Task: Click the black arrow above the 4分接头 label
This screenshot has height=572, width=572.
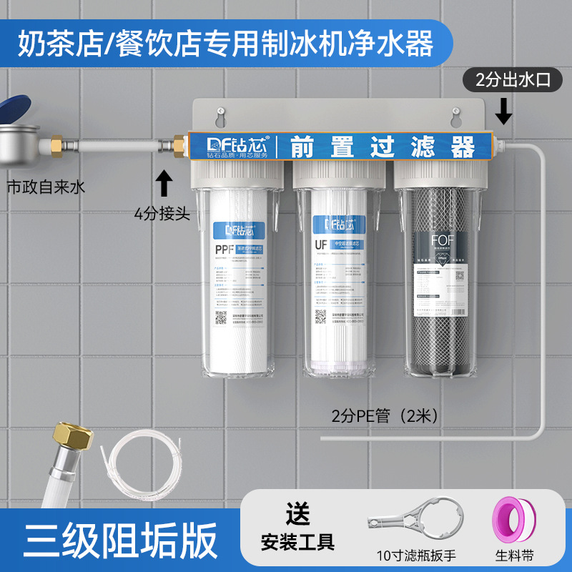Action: (x=164, y=182)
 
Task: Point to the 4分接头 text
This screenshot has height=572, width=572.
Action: (x=163, y=212)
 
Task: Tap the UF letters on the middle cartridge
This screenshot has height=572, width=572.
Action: (x=321, y=245)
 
